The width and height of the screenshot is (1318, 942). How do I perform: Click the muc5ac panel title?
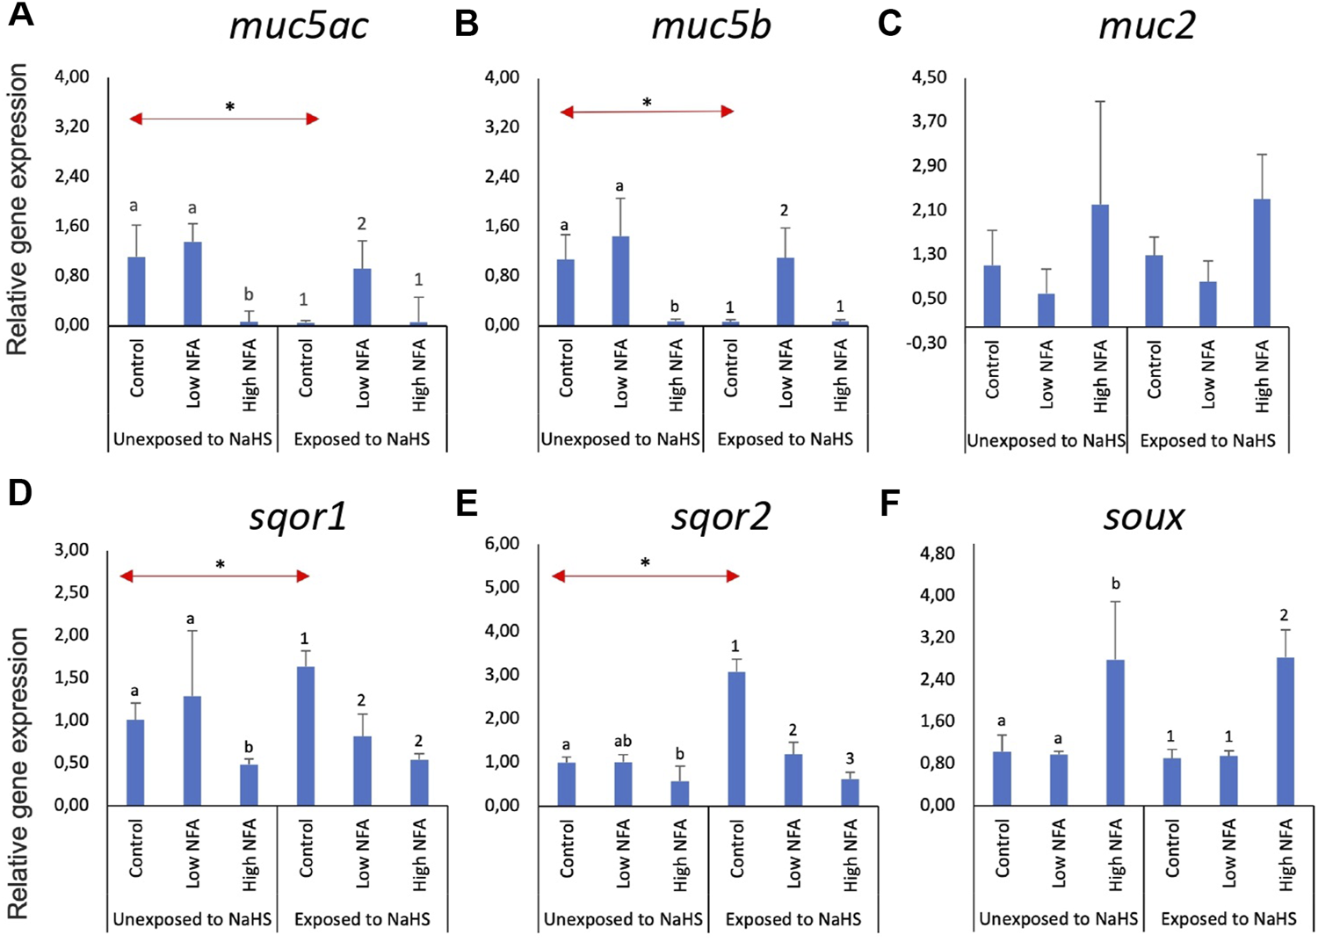299,25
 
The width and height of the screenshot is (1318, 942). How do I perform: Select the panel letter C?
889,23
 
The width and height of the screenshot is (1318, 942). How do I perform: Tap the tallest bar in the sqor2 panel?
736,738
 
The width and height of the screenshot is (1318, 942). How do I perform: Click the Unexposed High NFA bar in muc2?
1099,265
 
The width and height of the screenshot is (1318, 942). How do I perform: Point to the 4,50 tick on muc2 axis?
929,77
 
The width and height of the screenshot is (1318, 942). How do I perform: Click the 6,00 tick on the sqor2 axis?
502,544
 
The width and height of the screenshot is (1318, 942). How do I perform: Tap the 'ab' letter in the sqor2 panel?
622,742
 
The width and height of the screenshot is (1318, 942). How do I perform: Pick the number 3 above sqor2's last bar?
849,758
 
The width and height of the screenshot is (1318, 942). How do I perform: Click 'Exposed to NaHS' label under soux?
1227,919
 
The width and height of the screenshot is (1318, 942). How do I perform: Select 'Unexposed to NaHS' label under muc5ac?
192,439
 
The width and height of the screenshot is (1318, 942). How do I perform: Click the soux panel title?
1143,517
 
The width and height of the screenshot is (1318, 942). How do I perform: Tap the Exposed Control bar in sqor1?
305,735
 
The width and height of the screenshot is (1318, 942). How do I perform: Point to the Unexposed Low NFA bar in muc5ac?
192,284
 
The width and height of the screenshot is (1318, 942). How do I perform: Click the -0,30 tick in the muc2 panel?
927,343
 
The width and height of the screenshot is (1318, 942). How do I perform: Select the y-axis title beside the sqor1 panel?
18,773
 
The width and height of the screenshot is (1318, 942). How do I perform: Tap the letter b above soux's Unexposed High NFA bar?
1115,583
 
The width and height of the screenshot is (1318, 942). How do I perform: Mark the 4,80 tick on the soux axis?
937,554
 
